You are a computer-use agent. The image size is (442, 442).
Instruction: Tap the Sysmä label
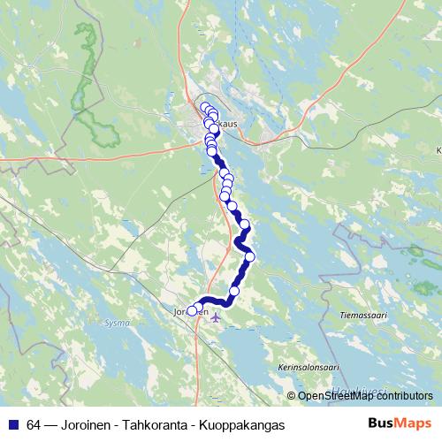point(117,324)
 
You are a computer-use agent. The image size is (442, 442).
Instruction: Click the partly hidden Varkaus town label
point(226,125)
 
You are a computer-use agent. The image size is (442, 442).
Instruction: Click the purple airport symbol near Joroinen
point(217,317)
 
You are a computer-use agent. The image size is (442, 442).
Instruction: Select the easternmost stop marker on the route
point(250,256)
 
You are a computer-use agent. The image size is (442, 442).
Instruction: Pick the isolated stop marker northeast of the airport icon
point(234,291)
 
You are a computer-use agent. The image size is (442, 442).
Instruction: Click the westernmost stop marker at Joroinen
point(192,310)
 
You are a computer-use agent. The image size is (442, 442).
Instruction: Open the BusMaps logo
point(400,424)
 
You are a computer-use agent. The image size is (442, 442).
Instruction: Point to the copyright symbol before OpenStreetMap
point(292,396)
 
